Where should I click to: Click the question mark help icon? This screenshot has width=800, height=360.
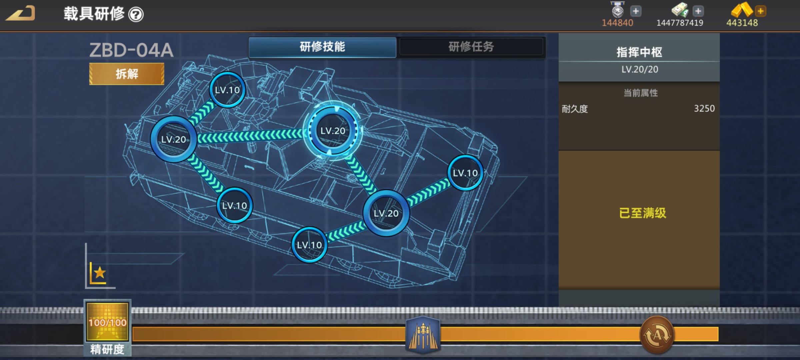[136, 15]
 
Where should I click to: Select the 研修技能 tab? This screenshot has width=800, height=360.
[322, 47]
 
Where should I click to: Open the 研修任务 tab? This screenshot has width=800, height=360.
[471, 47]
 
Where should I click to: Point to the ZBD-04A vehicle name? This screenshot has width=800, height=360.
[131, 50]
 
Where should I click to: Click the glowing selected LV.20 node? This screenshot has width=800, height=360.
[333, 131]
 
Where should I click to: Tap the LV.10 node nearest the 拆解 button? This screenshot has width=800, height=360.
[227, 90]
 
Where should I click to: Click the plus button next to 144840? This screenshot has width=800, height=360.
[636, 11]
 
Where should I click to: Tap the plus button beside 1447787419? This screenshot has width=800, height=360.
[698, 11]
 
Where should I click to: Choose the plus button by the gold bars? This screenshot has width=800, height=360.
[761, 11]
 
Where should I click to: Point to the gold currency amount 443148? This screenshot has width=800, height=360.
[742, 23]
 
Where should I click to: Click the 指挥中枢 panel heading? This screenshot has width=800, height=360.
[639, 52]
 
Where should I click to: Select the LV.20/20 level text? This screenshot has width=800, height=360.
[640, 69]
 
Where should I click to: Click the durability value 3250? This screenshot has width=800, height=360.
[704, 109]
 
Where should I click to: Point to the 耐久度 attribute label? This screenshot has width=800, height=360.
[575, 109]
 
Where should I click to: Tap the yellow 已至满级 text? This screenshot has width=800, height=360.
[642, 213]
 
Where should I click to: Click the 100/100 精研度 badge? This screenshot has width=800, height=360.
[107, 322]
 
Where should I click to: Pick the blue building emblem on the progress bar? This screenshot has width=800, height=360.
[423, 334]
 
